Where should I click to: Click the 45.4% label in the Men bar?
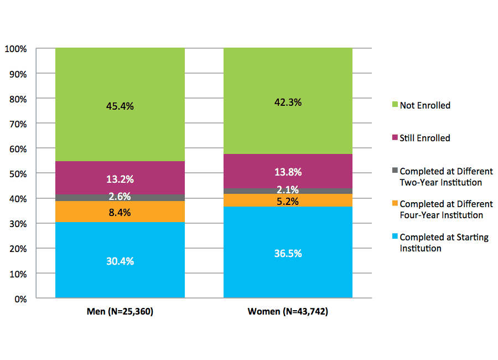coord(120,106)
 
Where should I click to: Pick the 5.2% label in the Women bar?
coord(288,202)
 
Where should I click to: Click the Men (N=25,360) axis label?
coord(120,312)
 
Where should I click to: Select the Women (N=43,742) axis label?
coord(288,312)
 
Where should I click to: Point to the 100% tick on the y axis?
coord(16,49)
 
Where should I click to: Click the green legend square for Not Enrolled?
coord(394,105)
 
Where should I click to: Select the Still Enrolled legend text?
coord(425,138)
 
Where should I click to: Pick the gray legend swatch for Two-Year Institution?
coord(394,171)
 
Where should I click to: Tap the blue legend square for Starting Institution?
coord(394,237)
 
